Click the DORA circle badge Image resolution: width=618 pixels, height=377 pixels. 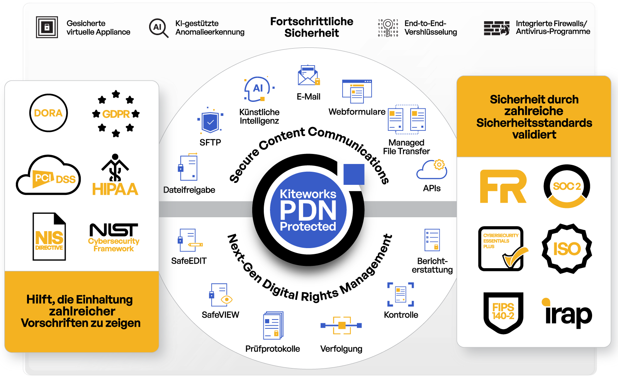(x=48, y=113)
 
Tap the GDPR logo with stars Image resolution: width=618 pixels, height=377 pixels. (x=116, y=114)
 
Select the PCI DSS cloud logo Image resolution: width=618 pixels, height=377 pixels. (x=49, y=176)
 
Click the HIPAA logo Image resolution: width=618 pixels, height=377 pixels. (x=115, y=176)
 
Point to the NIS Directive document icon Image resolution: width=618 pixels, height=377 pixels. (x=49, y=237)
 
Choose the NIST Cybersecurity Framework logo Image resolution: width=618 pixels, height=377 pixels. (x=114, y=237)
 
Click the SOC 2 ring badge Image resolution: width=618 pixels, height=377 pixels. (x=567, y=186)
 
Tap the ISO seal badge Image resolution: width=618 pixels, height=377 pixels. (x=567, y=249)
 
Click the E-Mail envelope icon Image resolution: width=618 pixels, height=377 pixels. (x=308, y=76)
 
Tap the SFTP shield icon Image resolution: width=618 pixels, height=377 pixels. (x=210, y=122)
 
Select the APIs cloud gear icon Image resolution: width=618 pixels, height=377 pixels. (x=432, y=170)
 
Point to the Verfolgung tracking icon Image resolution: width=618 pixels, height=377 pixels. (x=341, y=326)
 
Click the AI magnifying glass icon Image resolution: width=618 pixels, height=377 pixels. (x=158, y=28)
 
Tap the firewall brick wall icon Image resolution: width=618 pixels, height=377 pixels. (x=496, y=28)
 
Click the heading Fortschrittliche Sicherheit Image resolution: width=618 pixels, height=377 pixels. (x=312, y=27)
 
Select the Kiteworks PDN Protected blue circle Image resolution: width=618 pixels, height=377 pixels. (x=308, y=210)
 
